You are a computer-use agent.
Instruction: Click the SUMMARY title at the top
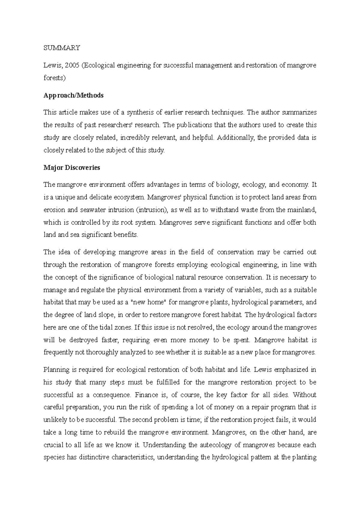coord(62,48)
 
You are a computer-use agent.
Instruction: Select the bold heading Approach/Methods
coord(73,95)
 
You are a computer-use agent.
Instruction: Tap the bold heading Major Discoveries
coord(72,168)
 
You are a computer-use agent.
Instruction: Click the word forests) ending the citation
coord(54,78)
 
